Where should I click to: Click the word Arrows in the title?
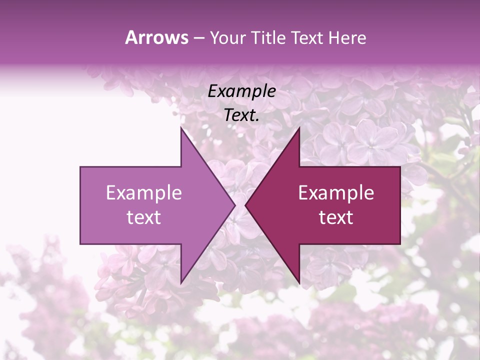coord(156,37)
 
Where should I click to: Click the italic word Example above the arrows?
coord(241,91)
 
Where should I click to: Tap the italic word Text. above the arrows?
coord(241,115)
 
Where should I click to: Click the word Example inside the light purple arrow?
coord(143,192)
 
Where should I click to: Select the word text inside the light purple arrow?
coord(143,217)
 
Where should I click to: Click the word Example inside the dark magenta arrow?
coord(336,192)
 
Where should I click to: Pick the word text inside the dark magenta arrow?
coord(336,217)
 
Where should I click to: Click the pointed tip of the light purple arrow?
coord(234,205)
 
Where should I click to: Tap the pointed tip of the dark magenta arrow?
coord(245,205)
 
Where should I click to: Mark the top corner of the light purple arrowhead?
coord(181,127)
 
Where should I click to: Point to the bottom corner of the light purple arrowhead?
coord(181,283)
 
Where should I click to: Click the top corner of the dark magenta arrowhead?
coord(299,127)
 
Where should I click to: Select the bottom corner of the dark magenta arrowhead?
coord(299,283)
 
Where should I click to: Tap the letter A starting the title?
coord(131,37)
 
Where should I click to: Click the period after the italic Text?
coord(257,120)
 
